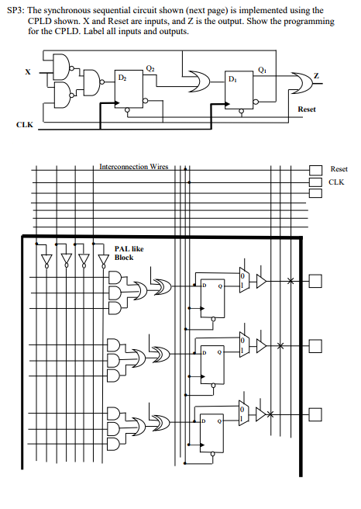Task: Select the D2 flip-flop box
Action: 129,85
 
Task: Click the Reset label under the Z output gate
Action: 306,109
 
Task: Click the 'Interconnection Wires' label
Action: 133,167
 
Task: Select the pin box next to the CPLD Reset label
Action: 315,170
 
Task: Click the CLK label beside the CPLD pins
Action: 335,182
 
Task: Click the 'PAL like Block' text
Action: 129,252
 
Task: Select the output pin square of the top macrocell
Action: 315,280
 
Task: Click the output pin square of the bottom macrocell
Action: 315,414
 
